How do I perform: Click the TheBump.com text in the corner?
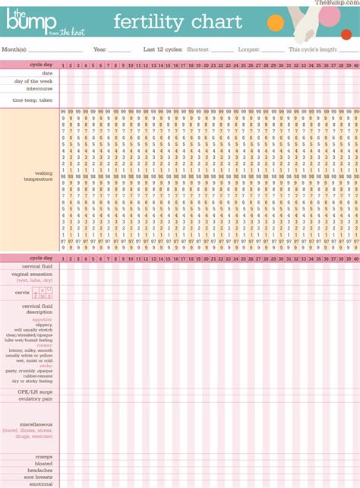(x=336, y=3)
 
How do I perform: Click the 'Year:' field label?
(x=100, y=49)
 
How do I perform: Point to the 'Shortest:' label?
(x=198, y=49)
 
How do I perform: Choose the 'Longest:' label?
(x=250, y=49)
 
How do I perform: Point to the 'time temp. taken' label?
(x=33, y=100)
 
